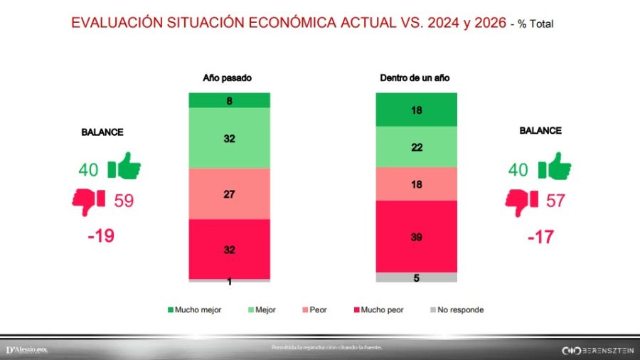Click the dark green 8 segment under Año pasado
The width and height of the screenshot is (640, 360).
[229, 100]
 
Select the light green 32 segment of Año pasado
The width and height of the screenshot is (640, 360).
[229, 139]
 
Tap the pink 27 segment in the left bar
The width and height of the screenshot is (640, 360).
[229, 194]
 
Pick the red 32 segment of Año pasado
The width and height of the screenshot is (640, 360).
[229, 249]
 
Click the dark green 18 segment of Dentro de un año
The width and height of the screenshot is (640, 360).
[416, 110]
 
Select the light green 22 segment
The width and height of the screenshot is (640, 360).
[416, 147]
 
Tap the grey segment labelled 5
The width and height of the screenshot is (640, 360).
[416, 278]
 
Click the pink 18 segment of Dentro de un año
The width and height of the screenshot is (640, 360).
[416, 184]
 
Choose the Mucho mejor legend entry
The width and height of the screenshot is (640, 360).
[193, 310]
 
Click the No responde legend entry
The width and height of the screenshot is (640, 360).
[457, 310]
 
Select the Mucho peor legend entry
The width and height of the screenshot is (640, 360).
[377, 310]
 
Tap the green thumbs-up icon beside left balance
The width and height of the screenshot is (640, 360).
[124, 168]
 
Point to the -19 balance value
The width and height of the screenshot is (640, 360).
[101, 235]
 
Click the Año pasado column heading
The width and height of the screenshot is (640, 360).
[228, 78]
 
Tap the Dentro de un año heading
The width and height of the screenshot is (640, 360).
[415, 78]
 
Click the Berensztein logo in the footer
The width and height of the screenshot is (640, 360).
[597, 350]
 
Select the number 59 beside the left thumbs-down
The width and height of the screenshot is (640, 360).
[124, 201]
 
